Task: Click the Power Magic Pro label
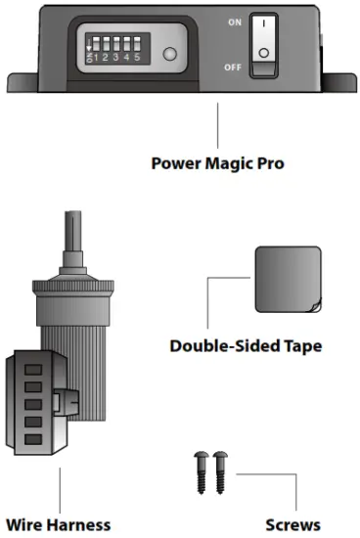click(x=217, y=162)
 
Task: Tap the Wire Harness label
click(x=60, y=524)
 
